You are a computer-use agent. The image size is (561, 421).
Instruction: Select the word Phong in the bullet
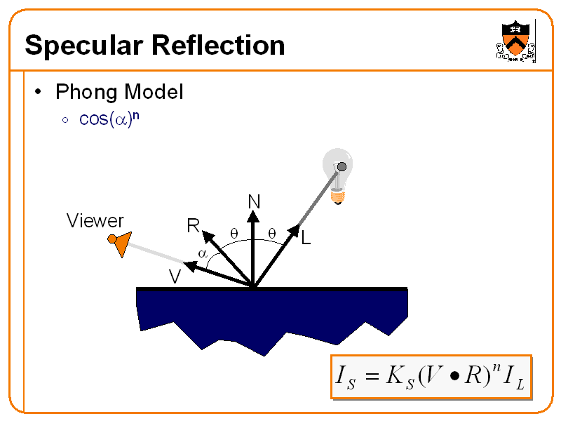pos(87,91)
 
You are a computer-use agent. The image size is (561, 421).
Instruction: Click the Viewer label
pos(95,222)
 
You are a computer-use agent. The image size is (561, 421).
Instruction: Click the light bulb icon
pos(337,175)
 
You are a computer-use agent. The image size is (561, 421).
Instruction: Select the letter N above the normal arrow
pos(254,203)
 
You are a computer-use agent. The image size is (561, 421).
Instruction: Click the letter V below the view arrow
pos(175,276)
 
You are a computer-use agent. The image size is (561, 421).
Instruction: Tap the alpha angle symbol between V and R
pos(201,253)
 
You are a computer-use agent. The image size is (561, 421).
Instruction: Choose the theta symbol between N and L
pos(271,232)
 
